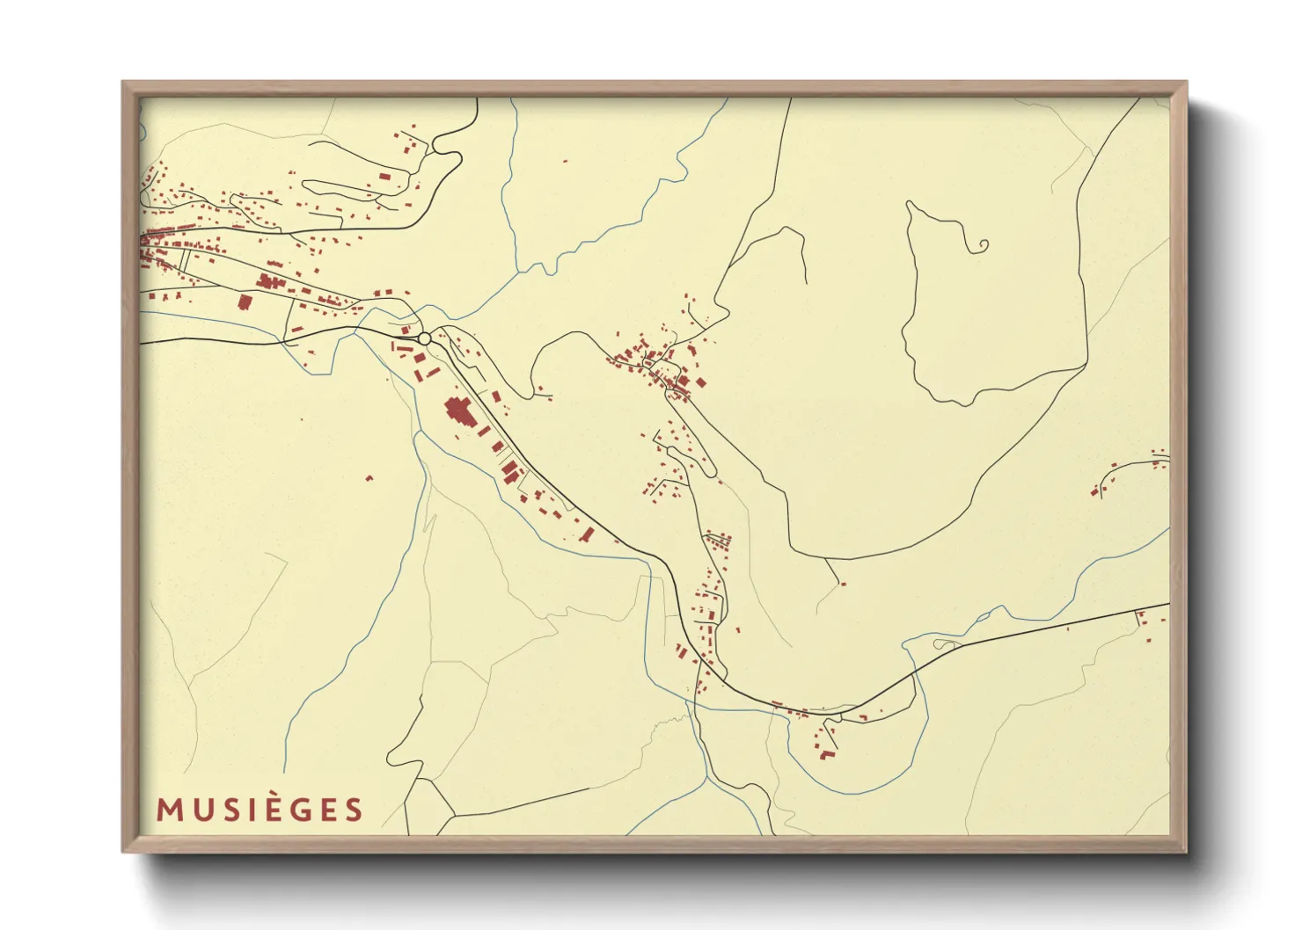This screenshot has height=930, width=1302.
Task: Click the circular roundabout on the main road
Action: pyautogui.click(x=424, y=338)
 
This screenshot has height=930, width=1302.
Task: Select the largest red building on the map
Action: pyautogui.click(x=458, y=411)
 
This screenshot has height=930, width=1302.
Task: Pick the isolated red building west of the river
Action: pyautogui.click(x=369, y=478)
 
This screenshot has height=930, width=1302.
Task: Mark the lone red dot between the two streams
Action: pyautogui.click(x=566, y=161)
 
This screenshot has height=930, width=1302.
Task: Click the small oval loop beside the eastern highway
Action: pyautogui.click(x=946, y=645)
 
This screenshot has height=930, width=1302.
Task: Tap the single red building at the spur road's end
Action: pyautogui.click(x=843, y=583)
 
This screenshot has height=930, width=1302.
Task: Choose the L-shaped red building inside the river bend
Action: pyautogui.click(x=826, y=754)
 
